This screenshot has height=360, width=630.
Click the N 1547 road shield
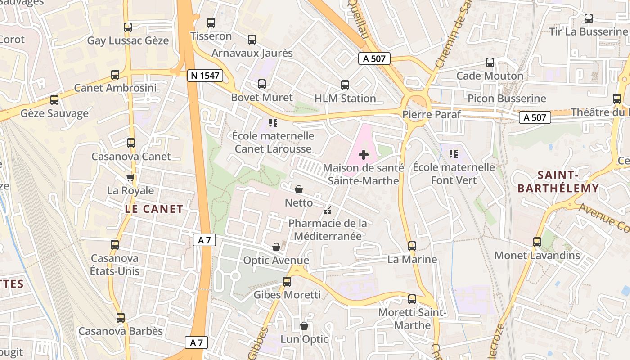[205, 76]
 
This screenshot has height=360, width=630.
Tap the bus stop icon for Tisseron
[211, 23]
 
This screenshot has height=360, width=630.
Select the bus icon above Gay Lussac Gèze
[128, 27]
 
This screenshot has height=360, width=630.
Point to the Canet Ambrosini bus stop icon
[115, 75]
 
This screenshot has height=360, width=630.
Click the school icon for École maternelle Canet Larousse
[273, 122]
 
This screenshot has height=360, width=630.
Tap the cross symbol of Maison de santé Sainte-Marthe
[364, 155]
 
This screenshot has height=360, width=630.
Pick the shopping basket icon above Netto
[299, 190]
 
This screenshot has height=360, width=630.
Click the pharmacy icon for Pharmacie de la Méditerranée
[328, 210]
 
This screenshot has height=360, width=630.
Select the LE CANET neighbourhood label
[154, 209]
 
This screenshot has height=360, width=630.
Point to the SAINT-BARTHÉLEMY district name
[558, 182]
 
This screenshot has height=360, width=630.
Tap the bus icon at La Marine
[412, 246]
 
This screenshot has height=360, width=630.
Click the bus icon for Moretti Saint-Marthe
[412, 299]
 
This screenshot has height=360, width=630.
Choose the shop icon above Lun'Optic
[304, 326]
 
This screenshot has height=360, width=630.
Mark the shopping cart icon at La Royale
[130, 177]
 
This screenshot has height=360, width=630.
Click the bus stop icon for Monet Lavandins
[537, 242]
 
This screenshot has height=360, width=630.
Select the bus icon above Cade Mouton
[490, 63]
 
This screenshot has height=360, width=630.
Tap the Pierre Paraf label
[431, 114]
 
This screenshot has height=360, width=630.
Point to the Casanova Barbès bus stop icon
[121, 318]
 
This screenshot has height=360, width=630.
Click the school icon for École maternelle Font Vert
[454, 154]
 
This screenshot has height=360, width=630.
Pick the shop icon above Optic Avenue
[276, 247]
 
